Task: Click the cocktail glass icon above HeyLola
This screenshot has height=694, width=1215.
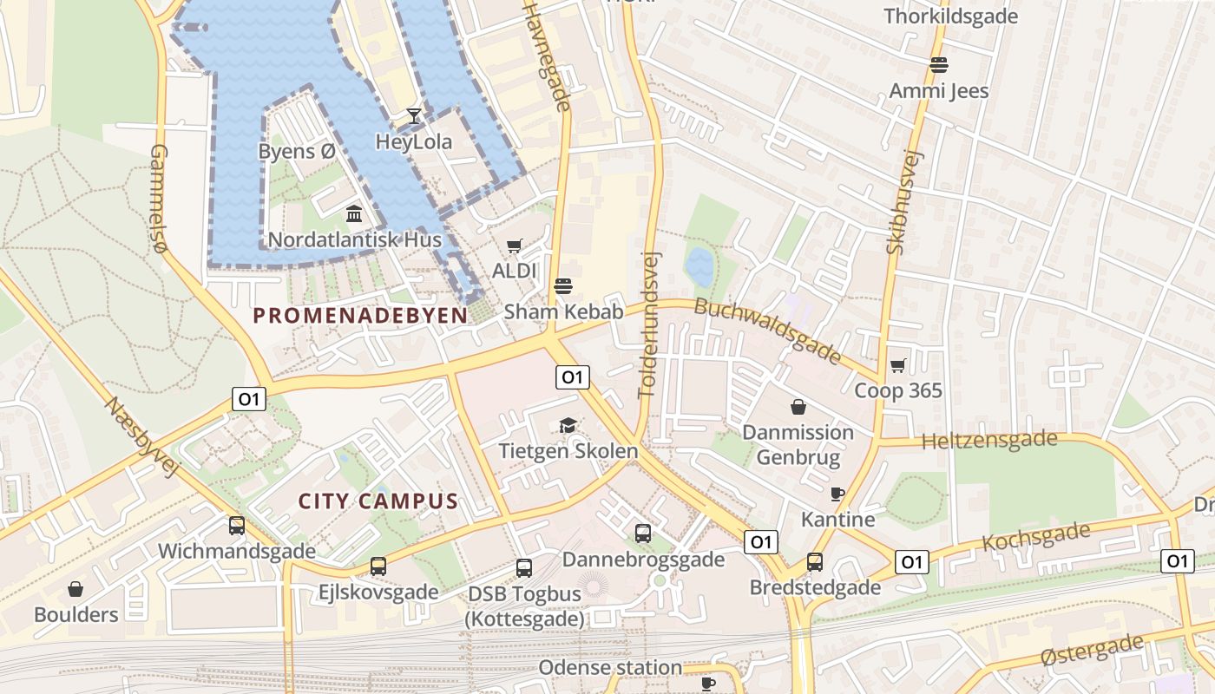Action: (x=414, y=116)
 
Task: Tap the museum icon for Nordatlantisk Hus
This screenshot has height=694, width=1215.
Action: (x=354, y=213)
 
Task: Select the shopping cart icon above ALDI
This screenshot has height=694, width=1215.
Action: (x=515, y=246)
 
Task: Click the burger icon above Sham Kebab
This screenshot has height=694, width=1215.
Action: (x=563, y=286)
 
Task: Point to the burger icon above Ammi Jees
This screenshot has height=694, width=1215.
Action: (x=938, y=65)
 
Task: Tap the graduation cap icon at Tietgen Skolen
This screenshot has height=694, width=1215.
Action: (x=568, y=425)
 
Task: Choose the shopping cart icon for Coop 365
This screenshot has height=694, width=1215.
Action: (x=897, y=365)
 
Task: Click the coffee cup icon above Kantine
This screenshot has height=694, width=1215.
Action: (x=837, y=494)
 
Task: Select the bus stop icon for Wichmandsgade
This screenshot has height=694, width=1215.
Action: (x=237, y=526)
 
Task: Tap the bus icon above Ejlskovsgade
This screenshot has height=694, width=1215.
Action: (x=378, y=566)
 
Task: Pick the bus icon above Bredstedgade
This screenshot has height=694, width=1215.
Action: (x=815, y=562)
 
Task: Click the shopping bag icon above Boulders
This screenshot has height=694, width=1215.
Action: (x=76, y=589)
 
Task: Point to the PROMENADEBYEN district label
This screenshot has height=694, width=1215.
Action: (x=360, y=316)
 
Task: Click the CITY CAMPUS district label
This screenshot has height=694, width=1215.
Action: (x=378, y=501)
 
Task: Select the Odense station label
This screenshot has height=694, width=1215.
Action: (x=609, y=667)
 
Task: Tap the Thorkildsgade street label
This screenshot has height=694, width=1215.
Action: (x=950, y=16)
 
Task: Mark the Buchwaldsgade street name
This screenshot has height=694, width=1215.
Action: (x=767, y=331)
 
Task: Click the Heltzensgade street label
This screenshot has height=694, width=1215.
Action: (x=989, y=441)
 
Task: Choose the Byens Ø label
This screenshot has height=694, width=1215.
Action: (x=296, y=151)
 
